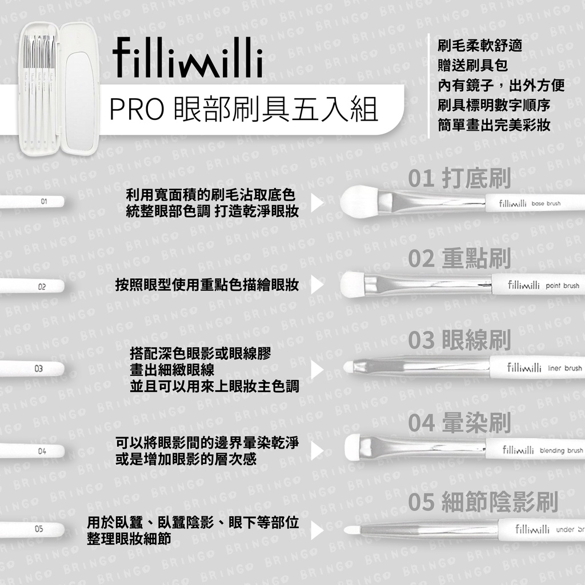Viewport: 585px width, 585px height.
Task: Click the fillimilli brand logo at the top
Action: tap(187, 58)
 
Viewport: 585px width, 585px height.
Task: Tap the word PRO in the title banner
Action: tap(137, 110)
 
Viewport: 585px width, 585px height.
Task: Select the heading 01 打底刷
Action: tap(459, 178)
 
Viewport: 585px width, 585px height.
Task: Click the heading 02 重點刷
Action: tap(459, 258)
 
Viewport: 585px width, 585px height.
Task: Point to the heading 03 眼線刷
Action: tap(459, 339)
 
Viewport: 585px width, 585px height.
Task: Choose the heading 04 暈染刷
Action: tap(459, 423)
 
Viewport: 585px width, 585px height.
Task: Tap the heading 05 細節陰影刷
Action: tap(483, 502)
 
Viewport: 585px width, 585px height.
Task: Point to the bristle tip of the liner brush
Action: tap(348, 367)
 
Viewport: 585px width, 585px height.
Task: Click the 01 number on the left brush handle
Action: tap(44, 202)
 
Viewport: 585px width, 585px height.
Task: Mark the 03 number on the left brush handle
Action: tap(39, 368)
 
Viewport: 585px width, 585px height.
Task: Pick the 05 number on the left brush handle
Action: tap(39, 529)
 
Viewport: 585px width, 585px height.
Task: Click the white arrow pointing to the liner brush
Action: tap(317, 370)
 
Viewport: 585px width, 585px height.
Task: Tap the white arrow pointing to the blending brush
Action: tap(317, 451)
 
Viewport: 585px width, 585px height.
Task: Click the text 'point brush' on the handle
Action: tap(562, 286)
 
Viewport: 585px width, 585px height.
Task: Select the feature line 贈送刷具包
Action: tap(472, 65)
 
